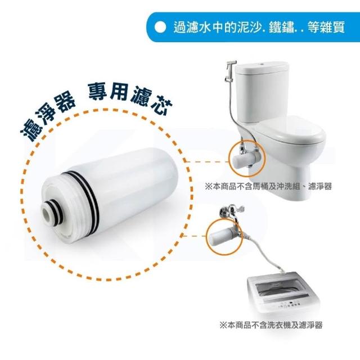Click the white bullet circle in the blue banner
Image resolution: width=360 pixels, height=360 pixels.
tap(160, 28)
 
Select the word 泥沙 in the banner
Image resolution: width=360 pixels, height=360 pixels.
tap(250, 28)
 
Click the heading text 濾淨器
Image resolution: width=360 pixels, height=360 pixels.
tap(48, 117)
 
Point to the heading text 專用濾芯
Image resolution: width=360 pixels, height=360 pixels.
tap(130, 99)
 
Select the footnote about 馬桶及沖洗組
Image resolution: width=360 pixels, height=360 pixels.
tap(268, 186)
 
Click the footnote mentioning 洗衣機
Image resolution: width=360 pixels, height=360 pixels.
tap(271, 325)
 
